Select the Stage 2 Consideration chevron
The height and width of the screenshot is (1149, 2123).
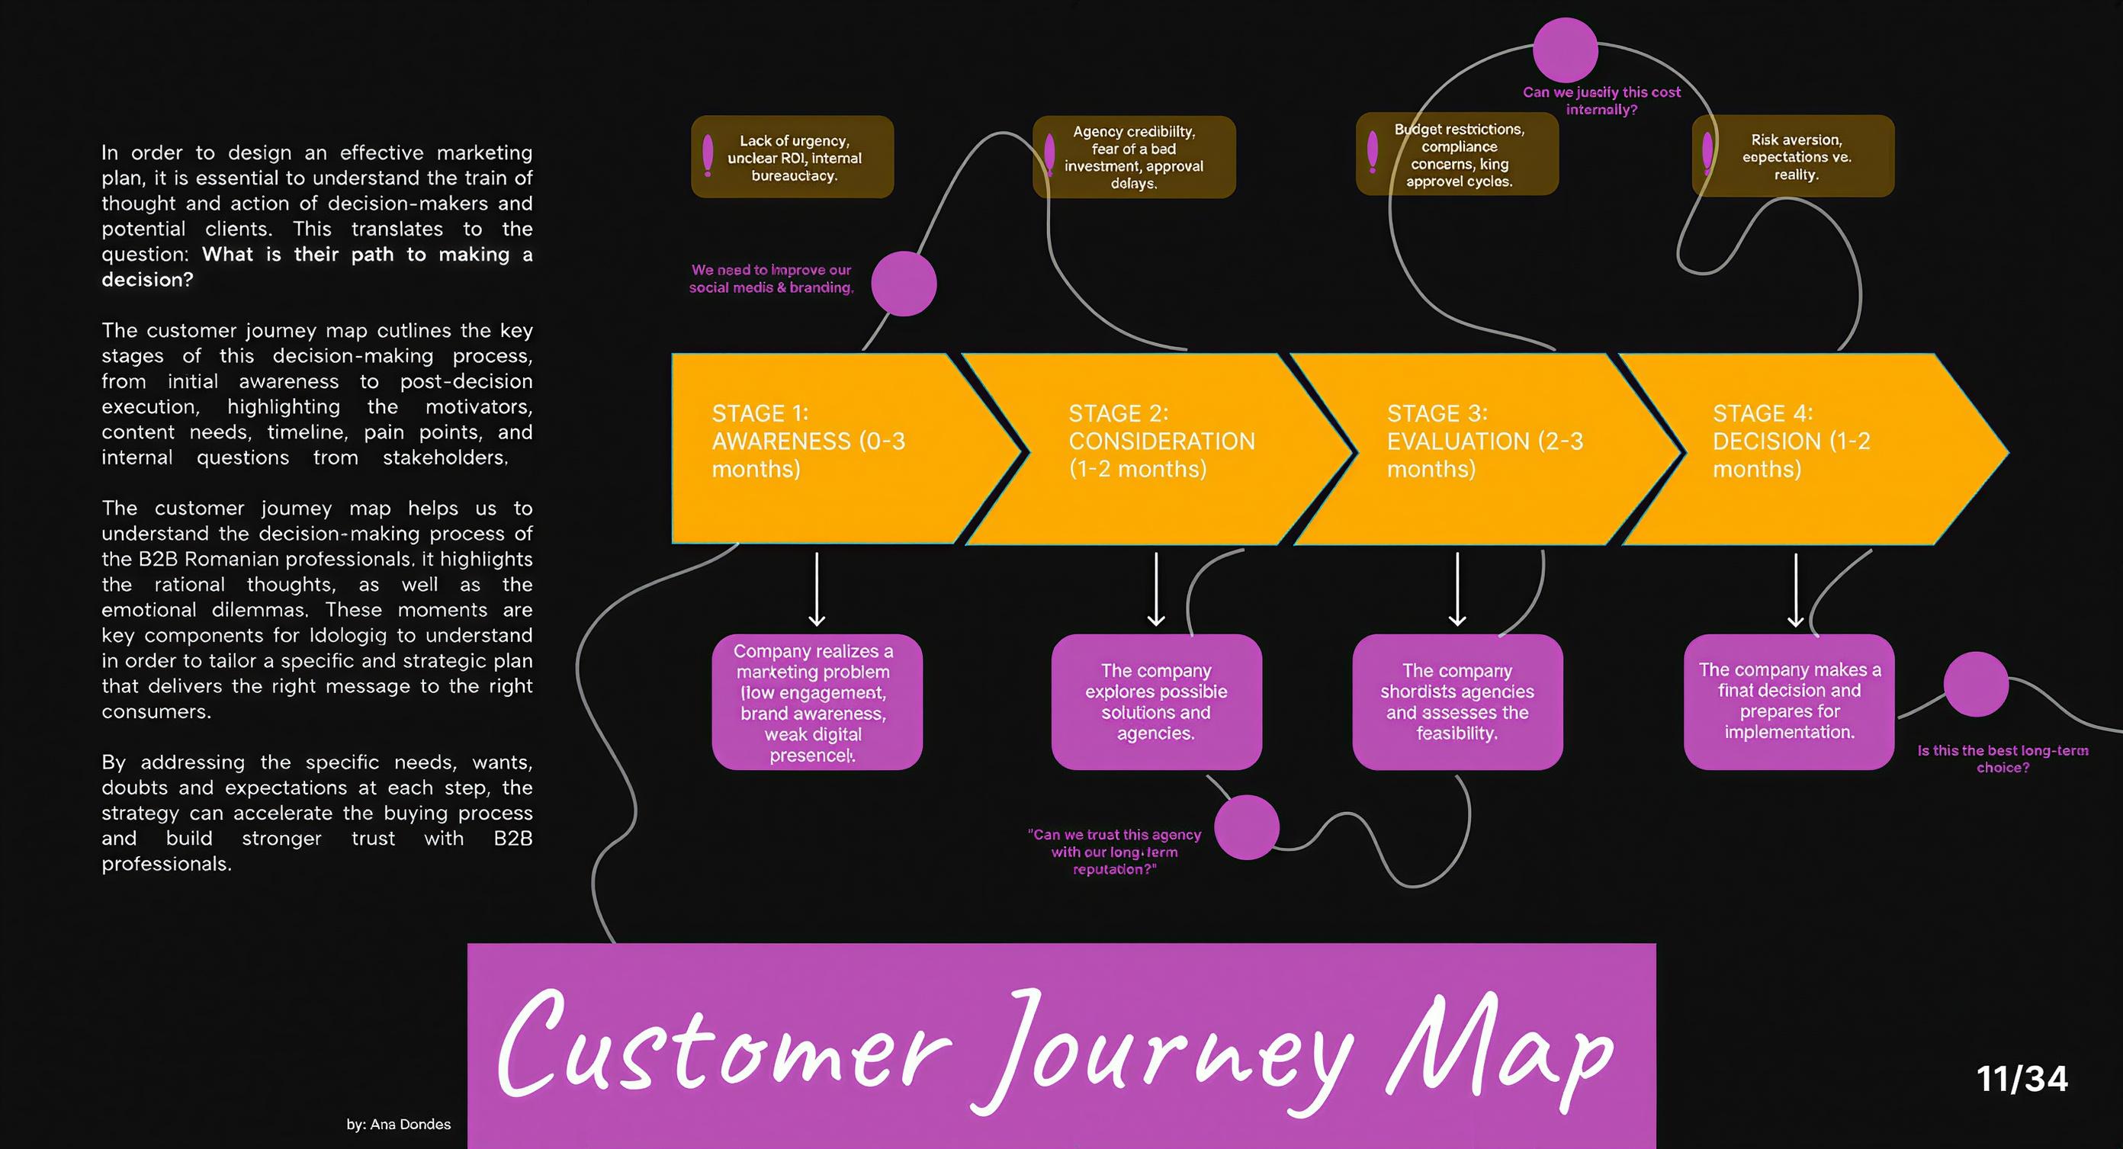tap(1154, 448)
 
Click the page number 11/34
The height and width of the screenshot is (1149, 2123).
tap(2022, 1079)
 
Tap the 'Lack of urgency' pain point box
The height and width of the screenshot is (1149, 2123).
tap(792, 157)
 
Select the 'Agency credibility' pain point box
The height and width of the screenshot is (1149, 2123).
tap(1134, 157)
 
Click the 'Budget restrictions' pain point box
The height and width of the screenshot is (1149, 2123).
tap(1457, 155)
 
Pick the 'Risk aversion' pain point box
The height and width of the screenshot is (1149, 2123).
tap(1794, 156)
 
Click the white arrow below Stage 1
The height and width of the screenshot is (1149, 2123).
tap(817, 589)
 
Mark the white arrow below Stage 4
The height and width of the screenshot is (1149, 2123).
tap(1796, 589)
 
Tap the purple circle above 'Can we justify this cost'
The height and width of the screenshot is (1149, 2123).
tap(1565, 50)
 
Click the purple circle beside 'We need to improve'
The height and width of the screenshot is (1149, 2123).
tap(904, 284)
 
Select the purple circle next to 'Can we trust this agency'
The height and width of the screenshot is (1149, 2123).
tap(1246, 826)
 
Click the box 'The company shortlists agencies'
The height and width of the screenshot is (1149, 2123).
tap(1457, 701)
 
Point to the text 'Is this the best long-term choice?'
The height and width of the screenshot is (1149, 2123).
tap(2003, 759)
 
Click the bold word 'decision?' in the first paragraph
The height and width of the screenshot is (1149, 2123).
tap(147, 279)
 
